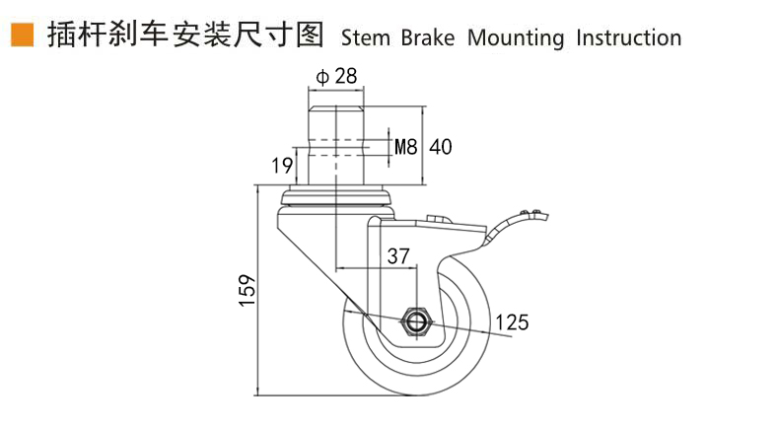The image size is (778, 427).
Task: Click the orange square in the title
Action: point(19,36)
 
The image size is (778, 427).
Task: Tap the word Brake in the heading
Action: point(427,38)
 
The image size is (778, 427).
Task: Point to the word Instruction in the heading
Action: point(628,38)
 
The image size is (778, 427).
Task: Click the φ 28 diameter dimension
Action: point(336,76)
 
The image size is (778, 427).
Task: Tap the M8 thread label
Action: point(406,147)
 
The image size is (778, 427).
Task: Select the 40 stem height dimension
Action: point(441,147)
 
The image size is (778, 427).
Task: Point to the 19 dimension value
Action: point(281,165)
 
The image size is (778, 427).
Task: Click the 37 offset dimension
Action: point(398,255)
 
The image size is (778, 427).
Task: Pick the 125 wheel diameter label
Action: point(512,321)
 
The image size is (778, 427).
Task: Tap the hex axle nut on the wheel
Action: point(414,321)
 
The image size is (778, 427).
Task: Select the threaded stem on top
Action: point(337,138)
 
